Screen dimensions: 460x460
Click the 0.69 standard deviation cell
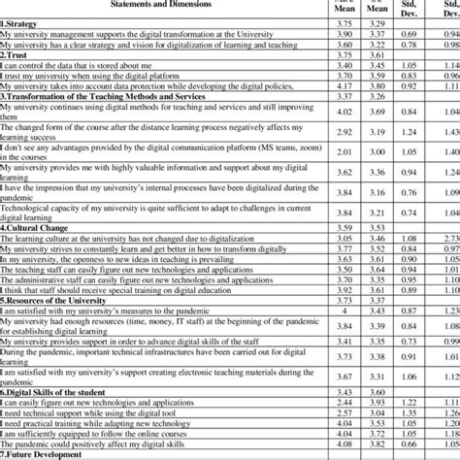click(407, 33)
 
